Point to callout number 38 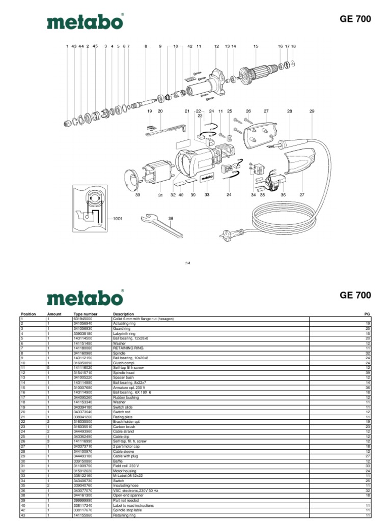171,218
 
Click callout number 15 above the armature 256,46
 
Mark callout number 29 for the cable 312,111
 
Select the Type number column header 85,314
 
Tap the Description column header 124,314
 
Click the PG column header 368,314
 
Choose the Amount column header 54,314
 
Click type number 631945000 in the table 85,319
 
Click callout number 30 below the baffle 137,195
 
